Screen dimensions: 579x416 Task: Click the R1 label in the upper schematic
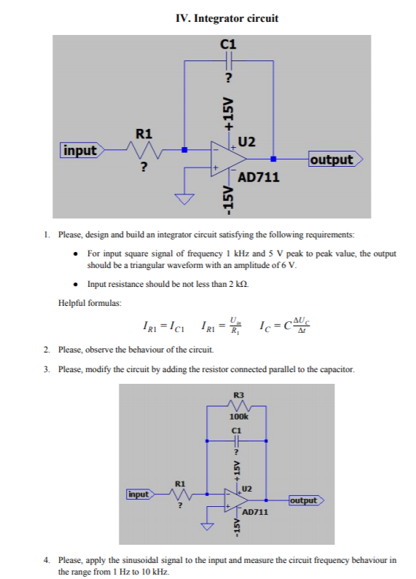pyautogui.click(x=144, y=134)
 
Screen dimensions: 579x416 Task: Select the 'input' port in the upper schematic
pyautogui.click(x=81, y=151)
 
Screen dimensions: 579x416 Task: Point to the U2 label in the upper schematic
pyautogui.click(x=246, y=141)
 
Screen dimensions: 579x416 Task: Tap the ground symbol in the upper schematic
pyautogui.click(x=184, y=198)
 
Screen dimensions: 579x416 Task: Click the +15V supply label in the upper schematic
pyautogui.click(x=228, y=113)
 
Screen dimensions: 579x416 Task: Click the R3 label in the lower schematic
pyautogui.click(x=238, y=395)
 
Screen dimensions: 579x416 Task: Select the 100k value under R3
pyautogui.click(x=238, y=417)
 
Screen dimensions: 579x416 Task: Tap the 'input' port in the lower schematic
pyautogui.click(x=138, y=495)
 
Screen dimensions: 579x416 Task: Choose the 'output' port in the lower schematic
pyautogui.click(x=304, y=500)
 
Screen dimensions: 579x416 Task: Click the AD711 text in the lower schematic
pyautogui.click(x=255, y=513)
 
